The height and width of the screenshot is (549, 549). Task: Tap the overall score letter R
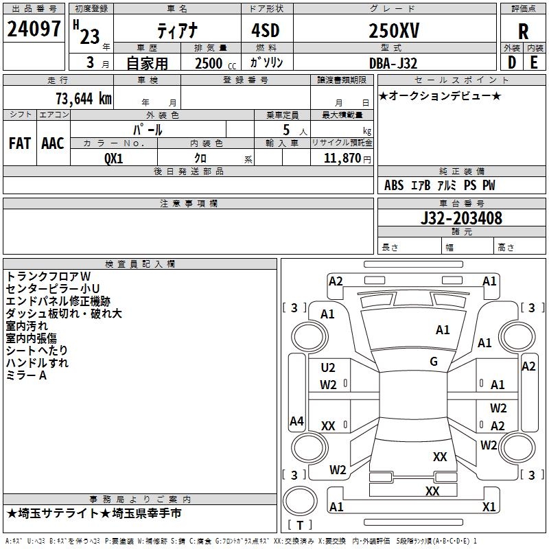tap(524, 32)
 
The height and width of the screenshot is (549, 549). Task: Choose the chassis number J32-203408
tap(460, 219)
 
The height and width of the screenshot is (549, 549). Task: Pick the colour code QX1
tap(113, 157)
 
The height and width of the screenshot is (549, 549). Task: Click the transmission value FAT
tap(20, 143)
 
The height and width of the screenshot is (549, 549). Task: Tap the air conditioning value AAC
tap(53, 143)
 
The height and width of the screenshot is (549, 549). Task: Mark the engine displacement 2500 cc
tap(213, 64)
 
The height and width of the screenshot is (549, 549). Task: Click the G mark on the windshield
tap(434, 362)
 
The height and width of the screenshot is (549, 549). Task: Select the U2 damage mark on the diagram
tap(328, 368)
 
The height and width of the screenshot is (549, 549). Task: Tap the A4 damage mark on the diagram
tap(296, 421)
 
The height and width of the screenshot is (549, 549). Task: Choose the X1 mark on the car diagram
tap(489, 506)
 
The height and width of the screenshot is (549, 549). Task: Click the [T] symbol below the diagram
tap(300, 526)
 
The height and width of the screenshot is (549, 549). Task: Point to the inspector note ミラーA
tap(26, 375)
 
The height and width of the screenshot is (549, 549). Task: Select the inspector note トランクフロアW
tap(48, 276)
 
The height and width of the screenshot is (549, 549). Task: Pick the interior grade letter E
tap(534, 63)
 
